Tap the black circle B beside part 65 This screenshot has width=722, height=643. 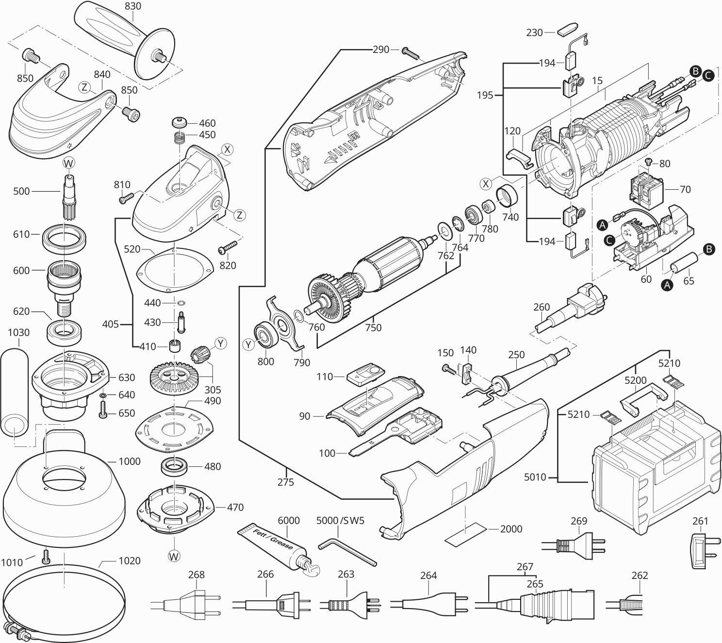tap(708, 249)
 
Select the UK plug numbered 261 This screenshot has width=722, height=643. tap(701, 550)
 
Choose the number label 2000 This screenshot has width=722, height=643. tap(511, 529)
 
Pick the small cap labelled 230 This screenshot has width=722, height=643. tap(566, 30)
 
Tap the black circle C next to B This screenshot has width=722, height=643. tap(708, 75)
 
